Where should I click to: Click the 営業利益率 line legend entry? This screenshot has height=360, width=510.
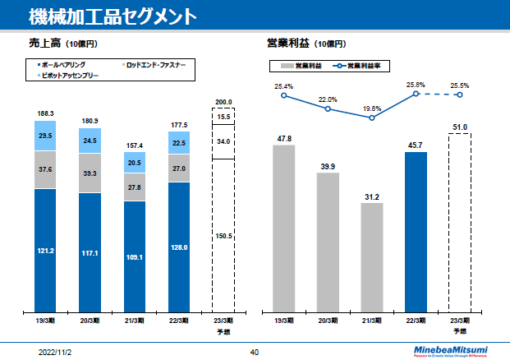point(361,65)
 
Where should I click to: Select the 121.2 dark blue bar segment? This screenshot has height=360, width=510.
point(46,251)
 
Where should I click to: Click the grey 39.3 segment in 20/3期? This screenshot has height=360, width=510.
point(90,173)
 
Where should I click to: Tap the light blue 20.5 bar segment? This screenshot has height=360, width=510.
point(135,164)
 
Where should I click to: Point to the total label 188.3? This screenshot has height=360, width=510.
point(46,113)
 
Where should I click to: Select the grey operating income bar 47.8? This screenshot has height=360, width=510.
point(284,228)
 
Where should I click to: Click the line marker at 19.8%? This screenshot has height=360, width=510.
point(372,118)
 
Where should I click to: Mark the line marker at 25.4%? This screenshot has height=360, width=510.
point(284,95)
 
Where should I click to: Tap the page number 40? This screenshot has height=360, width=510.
point(255,352)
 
